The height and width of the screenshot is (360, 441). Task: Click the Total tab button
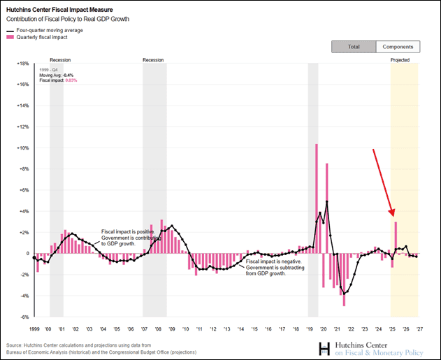click(x=354, y=47)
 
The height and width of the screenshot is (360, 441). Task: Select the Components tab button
click(x=398, y=47)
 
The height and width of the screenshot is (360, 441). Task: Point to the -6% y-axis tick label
click(x=24, y=317)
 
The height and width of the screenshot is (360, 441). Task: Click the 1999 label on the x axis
click(x=34, y=329)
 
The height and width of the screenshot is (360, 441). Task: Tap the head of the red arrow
click(x=393, y=215)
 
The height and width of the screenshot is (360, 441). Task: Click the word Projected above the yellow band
click(x=400, y=61)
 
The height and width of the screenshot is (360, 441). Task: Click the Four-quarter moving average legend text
click(x=55, y=31)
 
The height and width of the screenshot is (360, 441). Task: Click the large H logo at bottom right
click(x=324, y=348)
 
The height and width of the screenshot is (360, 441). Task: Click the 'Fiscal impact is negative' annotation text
click(x=273, y=261)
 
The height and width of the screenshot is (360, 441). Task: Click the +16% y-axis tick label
click(x=22, y=85)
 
